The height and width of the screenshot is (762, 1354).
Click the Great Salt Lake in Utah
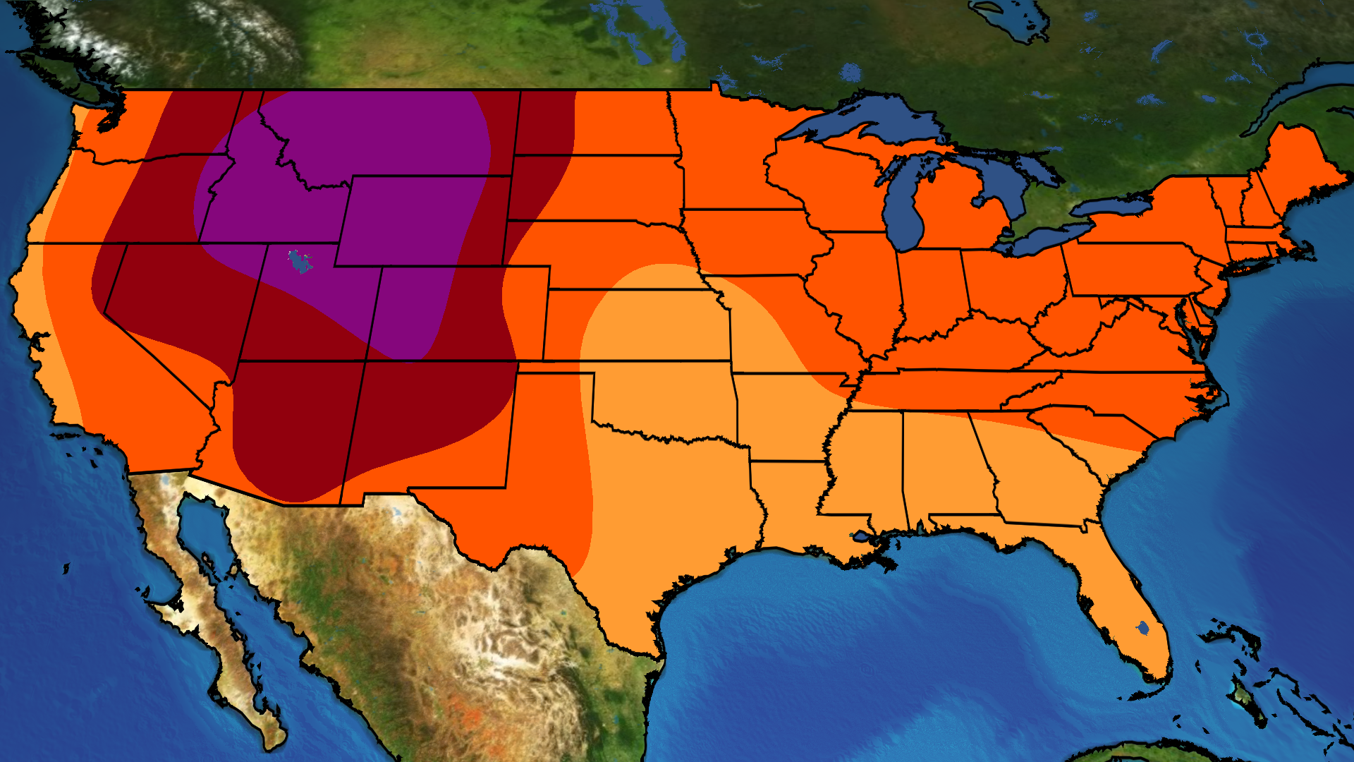click(x=301, y=262)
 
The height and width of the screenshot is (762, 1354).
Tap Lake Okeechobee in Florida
click(x=1143, y=627)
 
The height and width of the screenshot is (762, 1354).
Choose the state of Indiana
click(x=931, y=289)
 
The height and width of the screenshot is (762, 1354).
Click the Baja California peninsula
click(x=212, y=621)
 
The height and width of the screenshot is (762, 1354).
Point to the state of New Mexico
click(x=423, y=423)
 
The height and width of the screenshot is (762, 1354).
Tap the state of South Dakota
click(x=599, y=187)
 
